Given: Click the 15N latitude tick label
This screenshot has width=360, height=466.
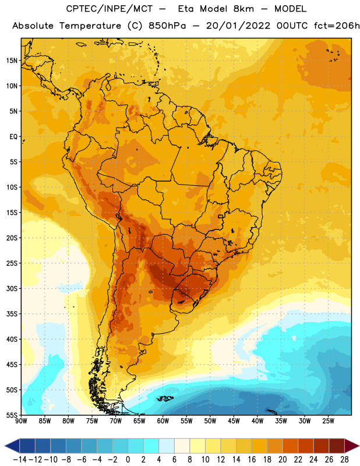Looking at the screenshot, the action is pos(12,61).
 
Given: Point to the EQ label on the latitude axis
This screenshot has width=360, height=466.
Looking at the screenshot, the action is pos(13,137).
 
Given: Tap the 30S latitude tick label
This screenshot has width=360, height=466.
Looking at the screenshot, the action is pos(12,288).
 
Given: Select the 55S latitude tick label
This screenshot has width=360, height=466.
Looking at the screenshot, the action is pos(12,415).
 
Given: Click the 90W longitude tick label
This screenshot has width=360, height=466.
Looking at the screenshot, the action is pos(21,421).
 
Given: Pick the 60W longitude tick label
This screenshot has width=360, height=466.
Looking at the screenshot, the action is pos(163,421).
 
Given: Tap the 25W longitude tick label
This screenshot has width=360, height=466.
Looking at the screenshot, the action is pos(328,421).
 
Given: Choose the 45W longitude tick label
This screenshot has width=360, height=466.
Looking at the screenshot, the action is pos(234,421).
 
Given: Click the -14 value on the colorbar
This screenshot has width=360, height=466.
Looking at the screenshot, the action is pos(20,460).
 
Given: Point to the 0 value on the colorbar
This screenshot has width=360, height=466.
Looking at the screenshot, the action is pos(128,460).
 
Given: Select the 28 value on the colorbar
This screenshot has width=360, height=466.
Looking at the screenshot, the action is pos(344,460).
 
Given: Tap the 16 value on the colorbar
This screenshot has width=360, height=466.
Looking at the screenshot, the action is pos(252,460).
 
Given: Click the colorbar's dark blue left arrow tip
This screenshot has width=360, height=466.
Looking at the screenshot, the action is pos(5,446).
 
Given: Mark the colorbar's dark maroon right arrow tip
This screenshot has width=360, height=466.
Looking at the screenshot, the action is pos(359,446).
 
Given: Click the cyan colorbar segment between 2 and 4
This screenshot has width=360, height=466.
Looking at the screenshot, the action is pos(151,446).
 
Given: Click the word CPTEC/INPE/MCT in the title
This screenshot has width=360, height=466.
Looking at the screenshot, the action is pos(109,9).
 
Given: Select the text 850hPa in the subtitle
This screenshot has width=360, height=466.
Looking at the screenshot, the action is pos(167,26).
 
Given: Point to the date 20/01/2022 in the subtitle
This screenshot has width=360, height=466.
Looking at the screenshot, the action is pos(238,26).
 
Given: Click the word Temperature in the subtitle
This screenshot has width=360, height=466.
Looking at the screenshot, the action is pos(90,26).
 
